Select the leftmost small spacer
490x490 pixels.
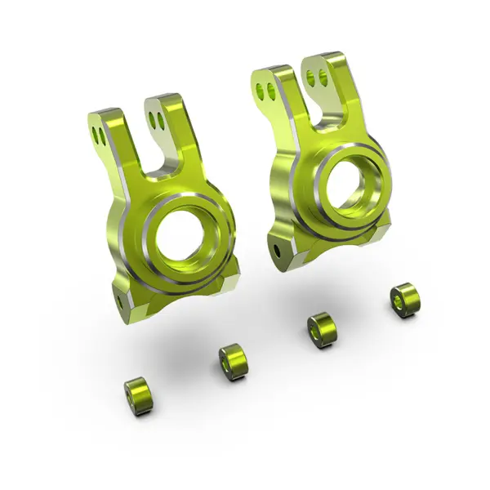click(x=140, y=394)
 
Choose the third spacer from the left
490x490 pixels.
click(x=321, y=329)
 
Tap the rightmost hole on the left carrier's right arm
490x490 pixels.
click(x=161, y=122)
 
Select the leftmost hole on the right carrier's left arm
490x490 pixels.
click(x=259, y=86)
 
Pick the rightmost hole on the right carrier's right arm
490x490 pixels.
click(x=324, y=78)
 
